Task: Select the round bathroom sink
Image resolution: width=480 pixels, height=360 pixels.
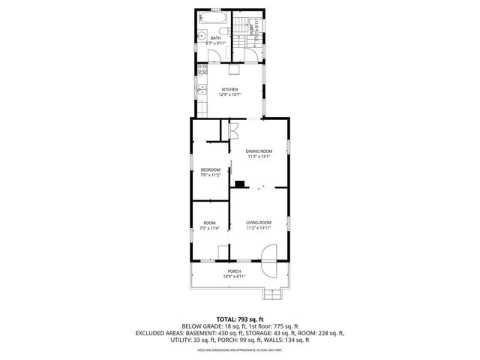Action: pyautogui.click(x=201, y=36)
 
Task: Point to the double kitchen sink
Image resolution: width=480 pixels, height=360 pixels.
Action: pyautogui.click(x=201, y=88)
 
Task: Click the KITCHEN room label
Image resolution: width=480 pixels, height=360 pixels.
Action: pyautogui.click(x=229, y=89)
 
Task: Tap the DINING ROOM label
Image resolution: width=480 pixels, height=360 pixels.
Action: pyautogui.click(x=258, y=151)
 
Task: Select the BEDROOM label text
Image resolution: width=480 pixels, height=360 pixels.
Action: pyautogui.click(x=210, y=170)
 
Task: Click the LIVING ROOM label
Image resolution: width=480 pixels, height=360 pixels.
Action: pyautogui.click(x=258, y=222)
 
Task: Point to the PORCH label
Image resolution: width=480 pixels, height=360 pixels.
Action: pyautogui.click(x=234, y=271)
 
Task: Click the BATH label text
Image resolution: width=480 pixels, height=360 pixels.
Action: pyautogui.click(x=215, y=38)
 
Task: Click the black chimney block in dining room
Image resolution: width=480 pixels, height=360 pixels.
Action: pyautogui.click(x=240, y=184)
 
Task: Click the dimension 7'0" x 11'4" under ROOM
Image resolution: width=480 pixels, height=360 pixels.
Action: pyautogui.click(x=210, y=228)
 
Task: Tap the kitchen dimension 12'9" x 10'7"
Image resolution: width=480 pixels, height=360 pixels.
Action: pyautogui.click(x=229, y=95)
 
